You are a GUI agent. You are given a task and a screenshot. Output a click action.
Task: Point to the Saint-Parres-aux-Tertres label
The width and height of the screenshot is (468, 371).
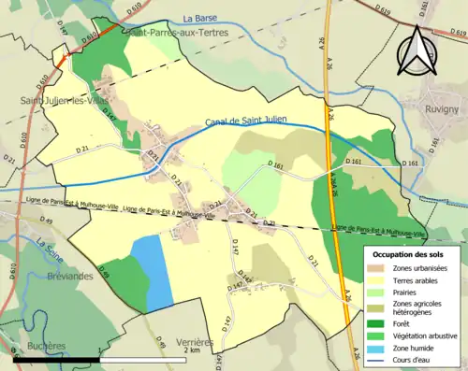pos(175,32)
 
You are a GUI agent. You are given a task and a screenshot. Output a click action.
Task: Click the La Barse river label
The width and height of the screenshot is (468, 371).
pos(199,18)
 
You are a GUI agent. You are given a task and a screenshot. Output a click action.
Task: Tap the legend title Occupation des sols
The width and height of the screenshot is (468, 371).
pos(408,254)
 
